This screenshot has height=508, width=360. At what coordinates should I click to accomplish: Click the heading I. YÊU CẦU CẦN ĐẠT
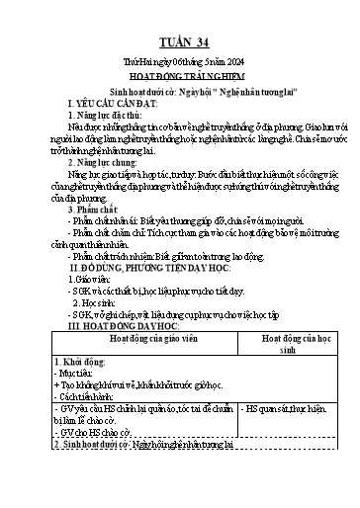pyautogui.click(x=108, y=103)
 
